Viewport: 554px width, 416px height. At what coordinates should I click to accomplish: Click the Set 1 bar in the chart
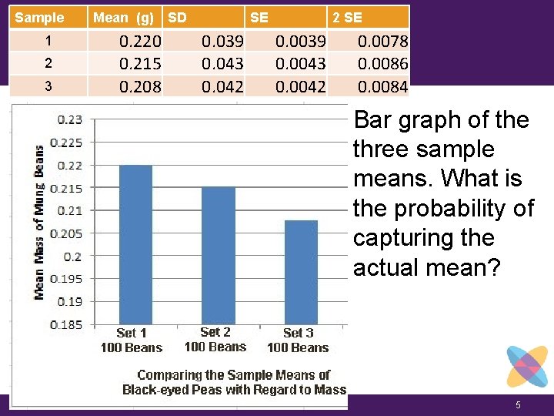tap(135, 244)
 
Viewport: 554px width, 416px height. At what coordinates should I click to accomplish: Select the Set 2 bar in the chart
tap(218, 255)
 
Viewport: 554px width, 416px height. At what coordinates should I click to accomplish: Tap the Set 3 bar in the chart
tap(301, 272)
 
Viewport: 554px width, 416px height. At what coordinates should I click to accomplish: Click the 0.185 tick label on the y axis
tap(68, 324)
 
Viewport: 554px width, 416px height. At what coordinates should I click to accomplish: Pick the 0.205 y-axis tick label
tap(68, 233)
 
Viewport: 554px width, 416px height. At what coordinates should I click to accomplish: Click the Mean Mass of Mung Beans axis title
tap(38, 223)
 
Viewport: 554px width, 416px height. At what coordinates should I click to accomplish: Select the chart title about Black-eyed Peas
tap(234, 382)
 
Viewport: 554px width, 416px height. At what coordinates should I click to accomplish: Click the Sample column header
tap(40, 17)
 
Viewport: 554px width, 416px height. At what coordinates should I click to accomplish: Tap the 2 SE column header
tap(347, 17)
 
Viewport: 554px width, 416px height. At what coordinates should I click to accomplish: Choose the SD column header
tap(177, 17)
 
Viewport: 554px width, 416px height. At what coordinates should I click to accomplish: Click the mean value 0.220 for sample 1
tap(140, 40)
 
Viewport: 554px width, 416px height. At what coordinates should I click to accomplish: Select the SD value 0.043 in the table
tap(222, 63)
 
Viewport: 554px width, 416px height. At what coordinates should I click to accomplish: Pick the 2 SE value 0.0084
tap(383, 86)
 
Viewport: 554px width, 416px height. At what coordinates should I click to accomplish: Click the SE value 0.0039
tap(301, 40)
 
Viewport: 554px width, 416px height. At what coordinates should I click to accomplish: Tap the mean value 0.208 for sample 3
tap(140, 86)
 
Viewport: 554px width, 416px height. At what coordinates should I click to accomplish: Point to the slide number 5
tap(519, 405)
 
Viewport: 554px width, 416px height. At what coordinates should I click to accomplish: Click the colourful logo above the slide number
tap(527, 367)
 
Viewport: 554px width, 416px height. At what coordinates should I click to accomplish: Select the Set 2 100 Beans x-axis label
tap(215, 340)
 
